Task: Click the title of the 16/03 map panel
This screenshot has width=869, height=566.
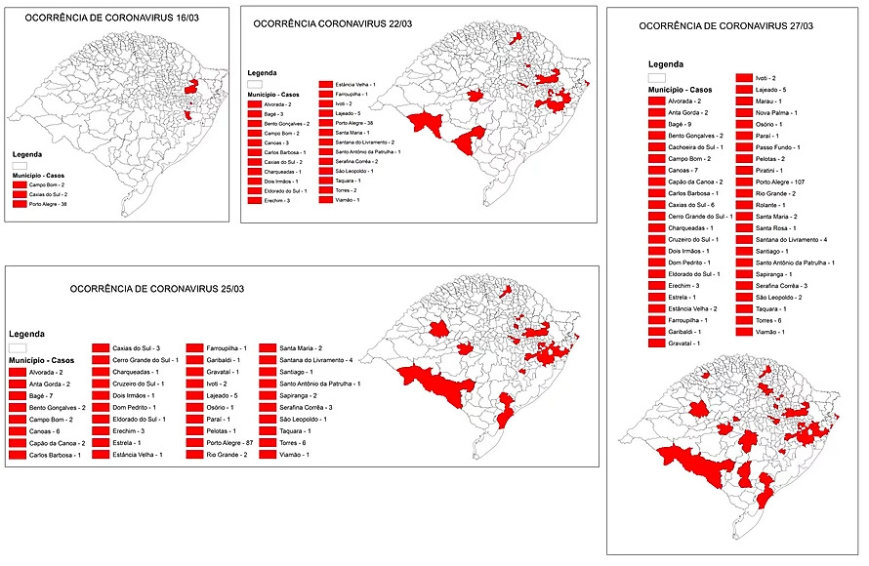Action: pyautogui.click(x=86, y=18)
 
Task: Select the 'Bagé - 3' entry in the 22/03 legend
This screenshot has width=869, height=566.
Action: pyautogui.click(x=273, y=114)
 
